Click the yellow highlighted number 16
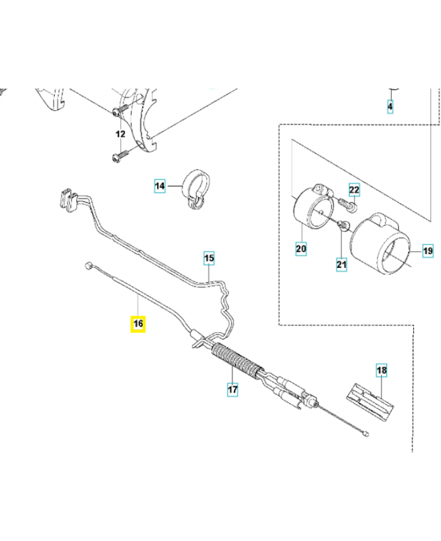pyautogui.click(x=137, y=324)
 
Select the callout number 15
pyautogui.click(x=209, y=258)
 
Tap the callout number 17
pyautogui.click(x=231, y=390)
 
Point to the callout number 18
pyautogui.click(x=381, y=371)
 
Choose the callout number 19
pyautogui.click(x=427, y=251)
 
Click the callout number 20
pyautogui.click(x=301, y=250)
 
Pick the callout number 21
pyautogui.click(x=341, y=264)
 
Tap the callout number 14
pyautogui.click(x=159, y=185)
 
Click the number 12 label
pyautogui.click(x=120, y=135)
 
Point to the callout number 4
pyautogui.click(x=390, y=107)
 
